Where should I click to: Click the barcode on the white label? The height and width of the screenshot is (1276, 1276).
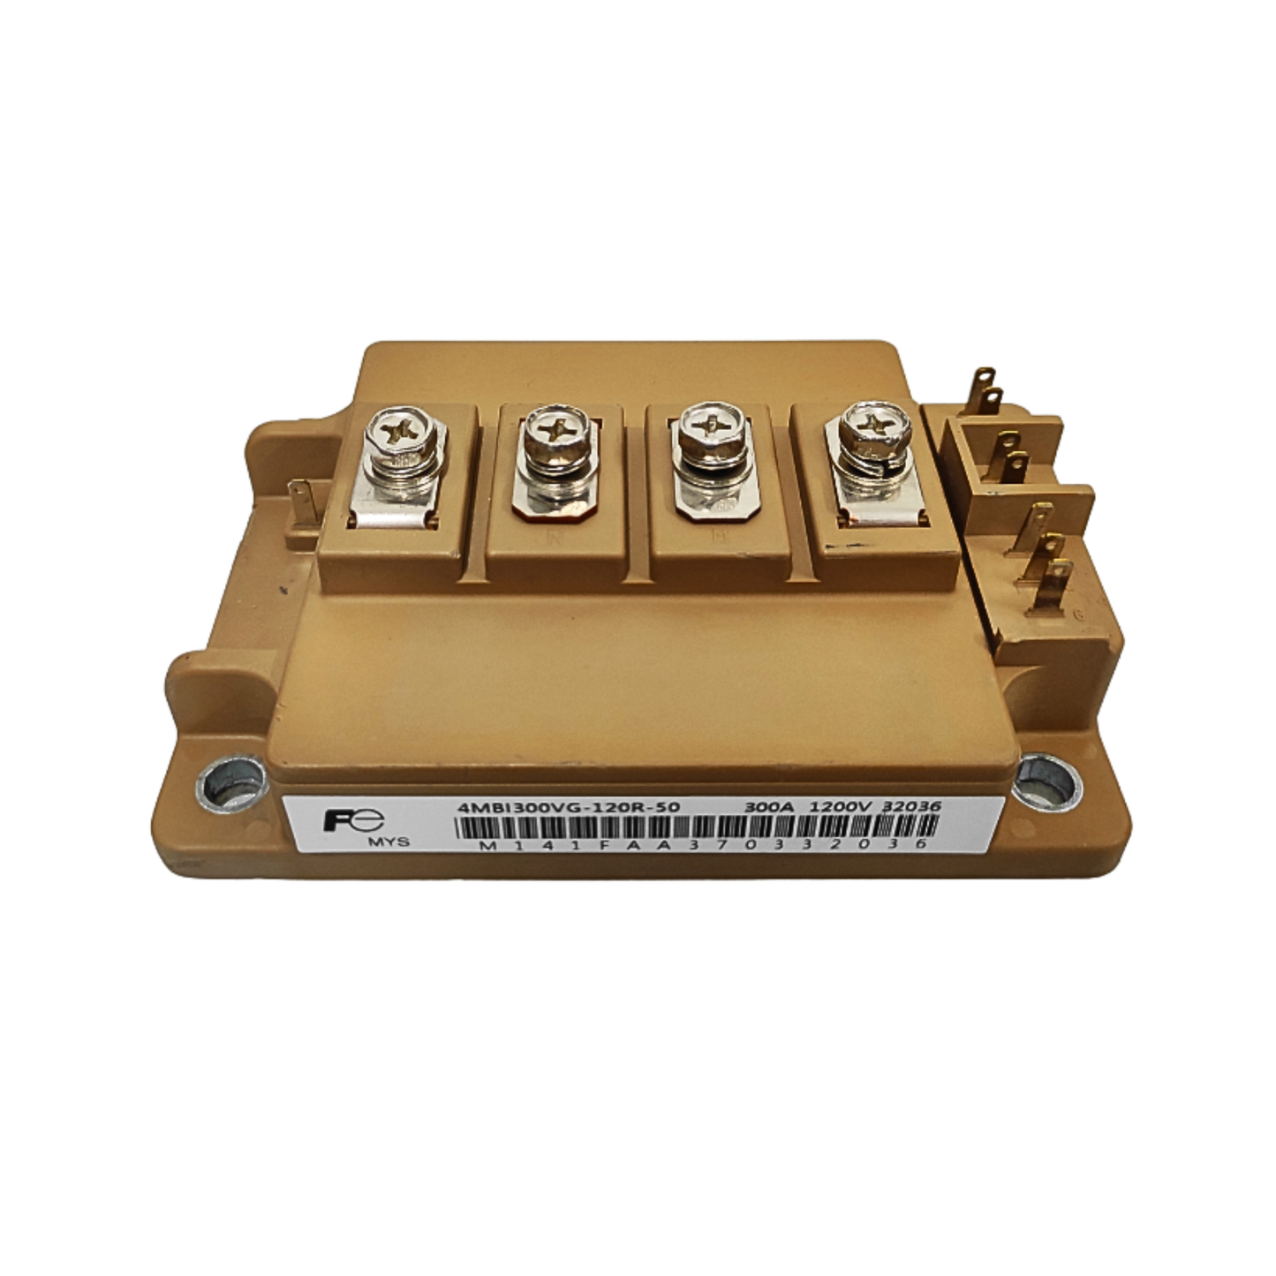(x=695, y=827)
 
